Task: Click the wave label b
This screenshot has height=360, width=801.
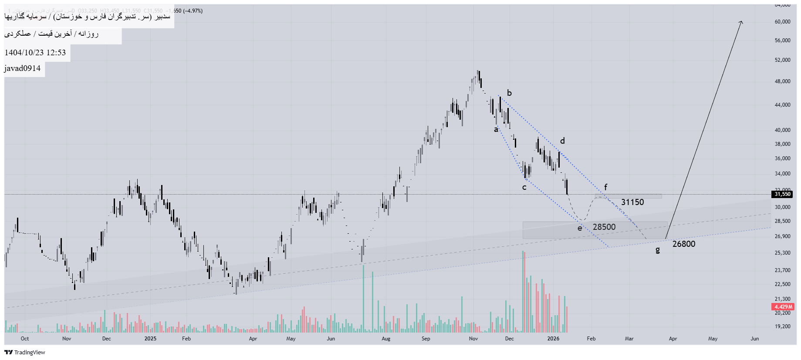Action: [509, 93]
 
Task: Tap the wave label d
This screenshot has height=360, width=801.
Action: [562, 141]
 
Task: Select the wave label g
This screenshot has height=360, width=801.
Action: [657, 250]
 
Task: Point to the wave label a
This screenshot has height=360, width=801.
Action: [496, 129]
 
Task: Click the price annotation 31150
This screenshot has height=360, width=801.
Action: [632, 202]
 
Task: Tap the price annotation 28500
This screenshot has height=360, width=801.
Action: [604, 227]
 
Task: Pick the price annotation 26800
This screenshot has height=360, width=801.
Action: [683, 244]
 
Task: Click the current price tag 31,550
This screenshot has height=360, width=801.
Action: [782, 194]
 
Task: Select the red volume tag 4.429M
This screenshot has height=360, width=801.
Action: [783, 307]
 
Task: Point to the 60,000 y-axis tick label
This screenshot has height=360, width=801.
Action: [782, 22]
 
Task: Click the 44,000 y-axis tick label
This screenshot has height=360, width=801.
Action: [782, 105]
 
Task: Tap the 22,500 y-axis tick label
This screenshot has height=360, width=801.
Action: [782, 284]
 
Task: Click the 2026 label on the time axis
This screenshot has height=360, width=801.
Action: [553, 339]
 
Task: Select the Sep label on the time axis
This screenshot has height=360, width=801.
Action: [426, 339]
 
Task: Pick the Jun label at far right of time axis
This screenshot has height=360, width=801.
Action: [754, 339]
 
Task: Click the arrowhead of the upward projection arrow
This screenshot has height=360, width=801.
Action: [741, 22]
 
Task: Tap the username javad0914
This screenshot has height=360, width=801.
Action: [23, 68]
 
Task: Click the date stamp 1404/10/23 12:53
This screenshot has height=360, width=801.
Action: [35, 53]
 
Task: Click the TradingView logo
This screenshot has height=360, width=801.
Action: [25, 352]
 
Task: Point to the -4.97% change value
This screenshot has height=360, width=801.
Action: [193, 11]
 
